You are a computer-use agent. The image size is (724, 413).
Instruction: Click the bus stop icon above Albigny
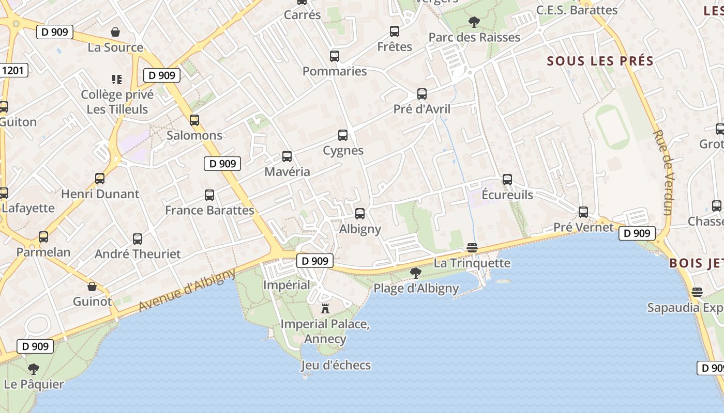tap(360, 213)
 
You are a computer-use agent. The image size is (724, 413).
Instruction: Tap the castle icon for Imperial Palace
tap(325, 309)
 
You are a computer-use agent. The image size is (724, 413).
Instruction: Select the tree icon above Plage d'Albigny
tap(415, 273)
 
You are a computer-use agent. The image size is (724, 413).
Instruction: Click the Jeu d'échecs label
tap(336, 366)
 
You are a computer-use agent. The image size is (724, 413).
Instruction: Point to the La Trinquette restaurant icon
tap(472, 248)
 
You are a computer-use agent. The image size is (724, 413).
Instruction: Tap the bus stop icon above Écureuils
tap(507, 179)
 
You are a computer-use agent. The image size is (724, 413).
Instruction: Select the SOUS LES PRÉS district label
tap(600, 61)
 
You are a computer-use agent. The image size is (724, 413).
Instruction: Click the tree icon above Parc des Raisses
tap(474, 22)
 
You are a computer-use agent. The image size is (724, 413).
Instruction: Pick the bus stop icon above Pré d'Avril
tap(422, 93)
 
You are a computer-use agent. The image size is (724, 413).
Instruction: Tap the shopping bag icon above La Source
tap(115, 32)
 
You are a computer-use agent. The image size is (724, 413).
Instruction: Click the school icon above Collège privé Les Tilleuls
tap(117, 79)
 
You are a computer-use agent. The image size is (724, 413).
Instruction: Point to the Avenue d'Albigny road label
tap(187, 290)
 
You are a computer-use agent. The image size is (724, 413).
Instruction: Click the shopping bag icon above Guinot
tap(92, 286)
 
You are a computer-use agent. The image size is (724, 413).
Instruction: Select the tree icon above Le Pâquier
tap(34, 369)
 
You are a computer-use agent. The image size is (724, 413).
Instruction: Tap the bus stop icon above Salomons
tap(194, 120)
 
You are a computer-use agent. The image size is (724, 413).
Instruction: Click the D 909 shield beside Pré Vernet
tap(637, 233)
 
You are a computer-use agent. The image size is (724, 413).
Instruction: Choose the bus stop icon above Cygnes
tap(343, 135)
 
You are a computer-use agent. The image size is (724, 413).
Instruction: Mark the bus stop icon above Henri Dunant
tap(100, 178)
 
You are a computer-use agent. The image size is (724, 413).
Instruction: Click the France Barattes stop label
tap(209, 210)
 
